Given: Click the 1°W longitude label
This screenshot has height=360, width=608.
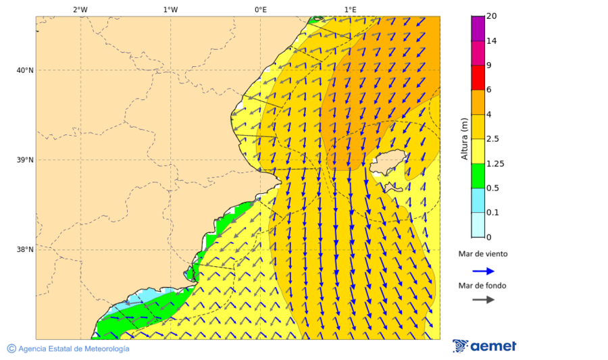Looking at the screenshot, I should [170, 9].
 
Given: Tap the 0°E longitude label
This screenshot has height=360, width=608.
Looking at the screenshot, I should [260, 9].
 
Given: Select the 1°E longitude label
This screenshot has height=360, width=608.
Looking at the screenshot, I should [350, 9].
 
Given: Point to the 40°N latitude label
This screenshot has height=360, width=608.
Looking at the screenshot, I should [25, 70].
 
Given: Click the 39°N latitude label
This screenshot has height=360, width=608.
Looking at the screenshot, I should [25, 160].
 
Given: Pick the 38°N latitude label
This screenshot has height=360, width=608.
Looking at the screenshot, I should [25, 250].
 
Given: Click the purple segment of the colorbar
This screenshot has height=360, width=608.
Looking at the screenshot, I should [478, 28].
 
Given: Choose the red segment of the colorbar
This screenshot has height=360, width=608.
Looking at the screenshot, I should [478, 78].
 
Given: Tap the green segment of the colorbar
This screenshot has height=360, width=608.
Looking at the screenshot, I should [478, 176].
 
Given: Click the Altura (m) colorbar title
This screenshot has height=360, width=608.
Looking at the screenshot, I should [464, 139].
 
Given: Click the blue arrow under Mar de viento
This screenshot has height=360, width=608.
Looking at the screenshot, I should [483, 272].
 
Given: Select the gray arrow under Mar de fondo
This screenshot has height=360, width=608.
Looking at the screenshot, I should [483, 299].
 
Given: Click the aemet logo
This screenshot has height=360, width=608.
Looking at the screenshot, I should [484, 346].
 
